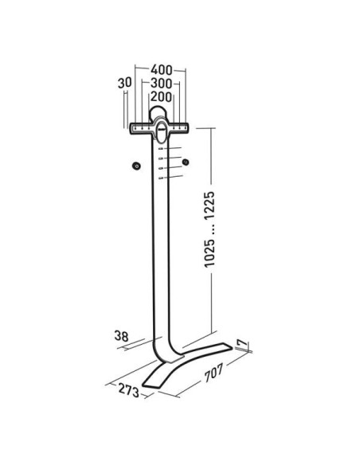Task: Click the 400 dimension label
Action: pyautogui.click(x=162, y=70)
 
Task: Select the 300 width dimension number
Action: pyautogui.click(x=161, y=84)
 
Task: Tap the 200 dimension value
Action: pyautogui.click(x=161, y=96)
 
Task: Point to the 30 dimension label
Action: pyautogui.click(x=124, y=83)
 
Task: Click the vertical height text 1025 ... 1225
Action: pyautogui.click(x=209, y=229)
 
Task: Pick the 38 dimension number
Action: pyautogui.click(x=122, y=336)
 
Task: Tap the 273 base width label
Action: pyautogui.click(x=129, y=390)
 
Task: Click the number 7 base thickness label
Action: pyautogui.click(x=243, y=343)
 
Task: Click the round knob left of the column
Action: pyautogui.click(x=136, y=166)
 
